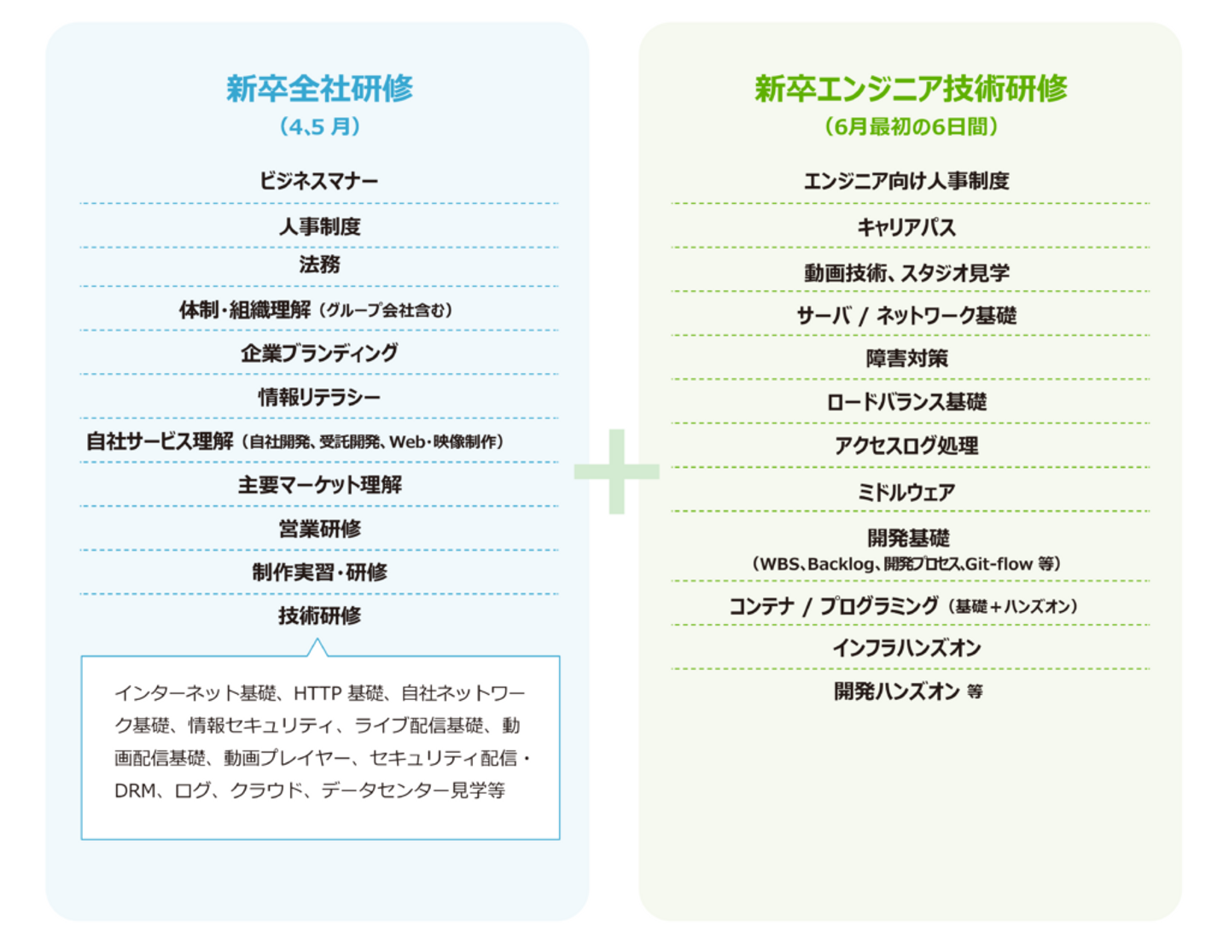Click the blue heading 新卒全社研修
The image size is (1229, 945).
pos(319,89)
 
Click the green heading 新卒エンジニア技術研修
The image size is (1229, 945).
pos(911,89)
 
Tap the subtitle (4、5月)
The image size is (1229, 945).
pos(319,126)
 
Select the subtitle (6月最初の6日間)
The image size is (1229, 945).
pos(911,126)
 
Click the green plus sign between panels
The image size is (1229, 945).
pos(616,471)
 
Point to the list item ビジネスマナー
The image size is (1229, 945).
pos(319,181)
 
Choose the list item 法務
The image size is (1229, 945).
pos(319,265)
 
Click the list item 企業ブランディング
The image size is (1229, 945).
pos(319,353)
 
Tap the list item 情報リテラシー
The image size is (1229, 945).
pos(319,397)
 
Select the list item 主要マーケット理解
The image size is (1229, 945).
pos(319,485)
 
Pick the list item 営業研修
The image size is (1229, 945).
pos(319,529)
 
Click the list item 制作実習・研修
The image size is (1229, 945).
pos(319,572)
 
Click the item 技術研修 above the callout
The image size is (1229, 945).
pos(319,615)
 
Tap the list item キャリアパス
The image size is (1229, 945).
pos(906,227)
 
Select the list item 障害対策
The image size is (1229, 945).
pos(906,359)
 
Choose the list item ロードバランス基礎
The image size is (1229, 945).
pos(906,402)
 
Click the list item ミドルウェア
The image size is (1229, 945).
pos(906,492)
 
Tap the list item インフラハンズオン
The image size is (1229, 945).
pos(906,648)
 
